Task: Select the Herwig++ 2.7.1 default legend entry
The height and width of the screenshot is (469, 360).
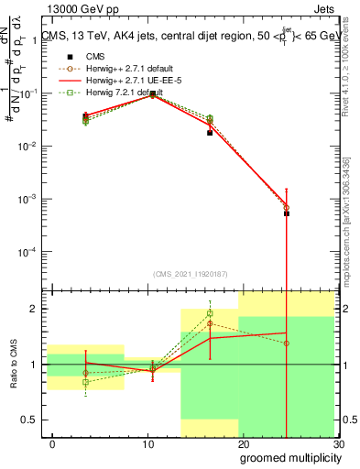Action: pos(122,69)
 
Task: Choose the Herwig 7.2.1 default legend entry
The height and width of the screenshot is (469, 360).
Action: pos(118,93)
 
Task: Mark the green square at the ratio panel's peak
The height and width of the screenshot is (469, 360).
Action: pos(210,313)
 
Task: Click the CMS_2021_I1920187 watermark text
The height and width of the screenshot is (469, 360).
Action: pos(191,273)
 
